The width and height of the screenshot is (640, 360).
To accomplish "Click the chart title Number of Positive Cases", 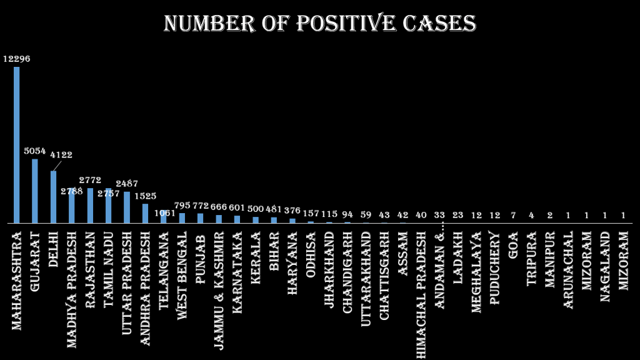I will click(x=319, y=24).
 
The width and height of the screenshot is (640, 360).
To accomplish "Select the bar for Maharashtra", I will click(x=17, y=144).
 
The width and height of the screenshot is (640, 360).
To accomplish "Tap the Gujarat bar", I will click(x=35, y=191).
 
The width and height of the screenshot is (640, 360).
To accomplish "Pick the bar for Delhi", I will click(x=53, y=197).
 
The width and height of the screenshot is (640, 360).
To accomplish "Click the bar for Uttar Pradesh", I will click(x=127, y=207).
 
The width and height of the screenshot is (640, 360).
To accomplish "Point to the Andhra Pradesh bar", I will click(x=145, y=213).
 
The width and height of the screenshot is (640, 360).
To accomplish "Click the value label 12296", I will click(x=17, y=59).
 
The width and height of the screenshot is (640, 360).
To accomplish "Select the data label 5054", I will click(x=35, y=151).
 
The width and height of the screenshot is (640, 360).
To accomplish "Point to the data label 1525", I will click(x=145, y=196).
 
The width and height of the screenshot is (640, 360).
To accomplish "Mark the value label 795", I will click(x=182, y=206).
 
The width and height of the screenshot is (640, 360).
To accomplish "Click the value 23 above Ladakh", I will click(x=457, y=215).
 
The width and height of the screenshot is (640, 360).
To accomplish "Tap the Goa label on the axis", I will click(x=513, y=243).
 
